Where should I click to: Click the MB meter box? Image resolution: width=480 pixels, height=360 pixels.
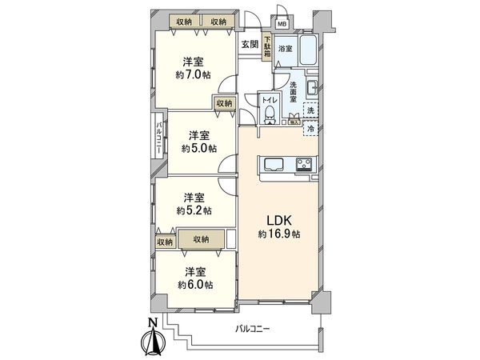pos(281,23)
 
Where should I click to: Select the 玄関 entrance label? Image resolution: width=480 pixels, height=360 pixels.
pos(248,44)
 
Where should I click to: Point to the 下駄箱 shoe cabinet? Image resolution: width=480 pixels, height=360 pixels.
pos(266,49)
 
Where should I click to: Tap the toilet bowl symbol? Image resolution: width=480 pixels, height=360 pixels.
pos(270,111)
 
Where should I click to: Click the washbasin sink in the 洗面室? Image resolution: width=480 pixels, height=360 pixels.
pos(314,87)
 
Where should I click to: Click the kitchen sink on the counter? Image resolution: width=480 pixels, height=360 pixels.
pos(270,166)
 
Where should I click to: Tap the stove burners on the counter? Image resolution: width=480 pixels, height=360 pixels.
pos(304,166)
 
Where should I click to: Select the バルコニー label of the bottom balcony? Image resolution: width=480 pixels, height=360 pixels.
pos(254,329)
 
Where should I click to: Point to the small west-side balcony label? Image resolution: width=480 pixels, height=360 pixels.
pos(159,137)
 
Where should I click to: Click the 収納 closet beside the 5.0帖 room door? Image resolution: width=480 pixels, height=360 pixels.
pos(223,103)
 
